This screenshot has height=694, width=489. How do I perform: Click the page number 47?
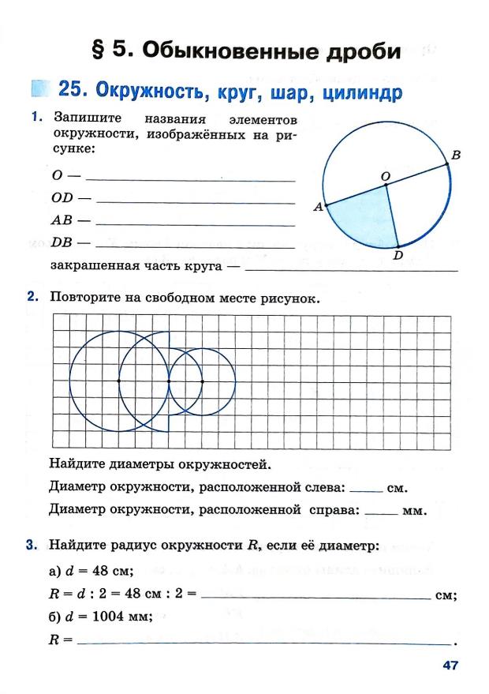pos(450,665)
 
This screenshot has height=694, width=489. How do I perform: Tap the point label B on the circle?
pos(456,156)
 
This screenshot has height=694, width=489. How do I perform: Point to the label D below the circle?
pos(398,255)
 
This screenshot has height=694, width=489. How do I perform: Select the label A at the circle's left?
pos(318,208)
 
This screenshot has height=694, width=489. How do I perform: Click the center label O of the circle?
pos(386,174)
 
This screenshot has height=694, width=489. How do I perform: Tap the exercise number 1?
pos(36,118)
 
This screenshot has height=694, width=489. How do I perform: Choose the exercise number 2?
pos(32,298)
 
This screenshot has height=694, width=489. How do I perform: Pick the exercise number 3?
pos(32,545)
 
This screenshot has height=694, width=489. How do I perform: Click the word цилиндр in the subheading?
pos(361,92)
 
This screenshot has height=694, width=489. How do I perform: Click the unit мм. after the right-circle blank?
pos(414,511)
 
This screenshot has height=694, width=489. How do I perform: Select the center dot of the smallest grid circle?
pos(203,381)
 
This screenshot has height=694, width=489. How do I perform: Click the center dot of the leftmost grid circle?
pos(118,381)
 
